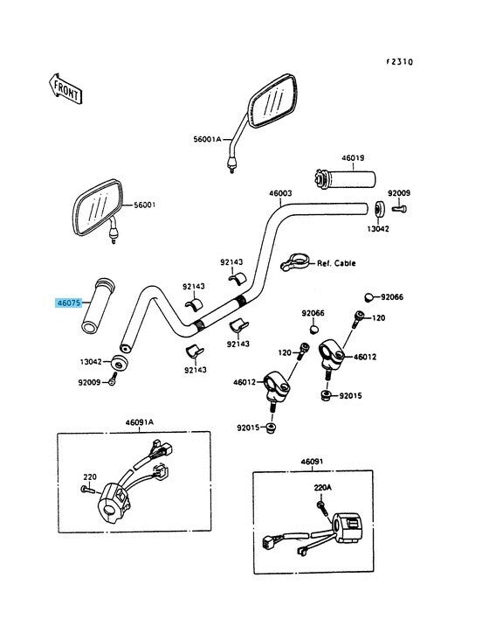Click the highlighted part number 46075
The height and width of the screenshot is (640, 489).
click(x=69, y=303)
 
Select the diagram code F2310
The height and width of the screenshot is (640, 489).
click(x=399, y=62)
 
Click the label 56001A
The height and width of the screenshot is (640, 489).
click(x=207, y=139)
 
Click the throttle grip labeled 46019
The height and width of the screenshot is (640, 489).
click(x=345, y=178)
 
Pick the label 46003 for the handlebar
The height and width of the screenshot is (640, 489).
click(x=280, y=193)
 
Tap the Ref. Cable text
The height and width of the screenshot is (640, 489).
click(x=336, y=263)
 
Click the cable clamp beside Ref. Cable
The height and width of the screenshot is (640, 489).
click(x=294, y=261)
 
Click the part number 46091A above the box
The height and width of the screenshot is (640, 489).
click(x=140, y=422)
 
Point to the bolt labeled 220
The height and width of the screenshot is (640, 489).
click(x=87, y=489)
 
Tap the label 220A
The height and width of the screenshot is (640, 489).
click(x=323, y=487)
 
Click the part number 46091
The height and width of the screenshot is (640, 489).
click(x=312, y=462)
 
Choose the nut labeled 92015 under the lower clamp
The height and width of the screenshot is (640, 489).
click(x=271, y=428)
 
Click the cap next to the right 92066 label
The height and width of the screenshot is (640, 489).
click(x=369, y=297)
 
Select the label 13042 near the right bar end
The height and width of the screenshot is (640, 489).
click(x=378, y=229)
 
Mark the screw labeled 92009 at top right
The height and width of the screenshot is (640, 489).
click(x=400, y=209)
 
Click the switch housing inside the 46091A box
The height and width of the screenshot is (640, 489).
click(x=114, y=502)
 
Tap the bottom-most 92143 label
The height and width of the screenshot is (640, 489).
click(x=196, y=370)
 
